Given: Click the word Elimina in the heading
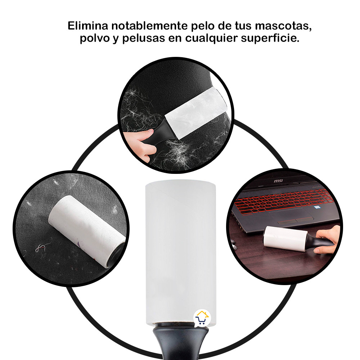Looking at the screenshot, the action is [x=88, y=26].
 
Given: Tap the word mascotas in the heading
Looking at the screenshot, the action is [x=283, y=26].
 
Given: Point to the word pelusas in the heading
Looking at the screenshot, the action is [x=144, y=38].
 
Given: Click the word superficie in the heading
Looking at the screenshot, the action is [x=270, y=38].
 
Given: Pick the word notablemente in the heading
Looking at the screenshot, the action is [x=149, y=26].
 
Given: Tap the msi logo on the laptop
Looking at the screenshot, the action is [x=278, y=181].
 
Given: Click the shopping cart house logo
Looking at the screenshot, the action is [x=202, y=318].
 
